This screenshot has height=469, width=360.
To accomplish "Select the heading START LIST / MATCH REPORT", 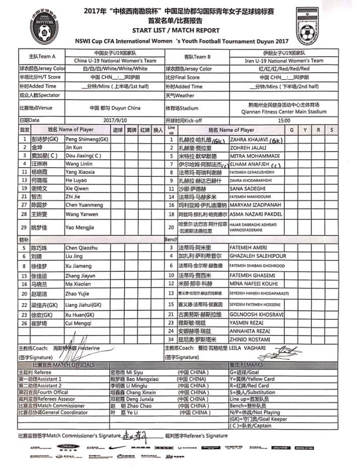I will tap(176, 30).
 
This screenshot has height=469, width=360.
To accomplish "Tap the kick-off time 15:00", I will tap(284, 121).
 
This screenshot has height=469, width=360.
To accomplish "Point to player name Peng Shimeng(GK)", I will tap(87, 139).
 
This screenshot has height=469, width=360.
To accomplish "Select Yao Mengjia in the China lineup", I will tap(80, 228).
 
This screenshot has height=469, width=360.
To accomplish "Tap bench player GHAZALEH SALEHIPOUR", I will tap(258, 256).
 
